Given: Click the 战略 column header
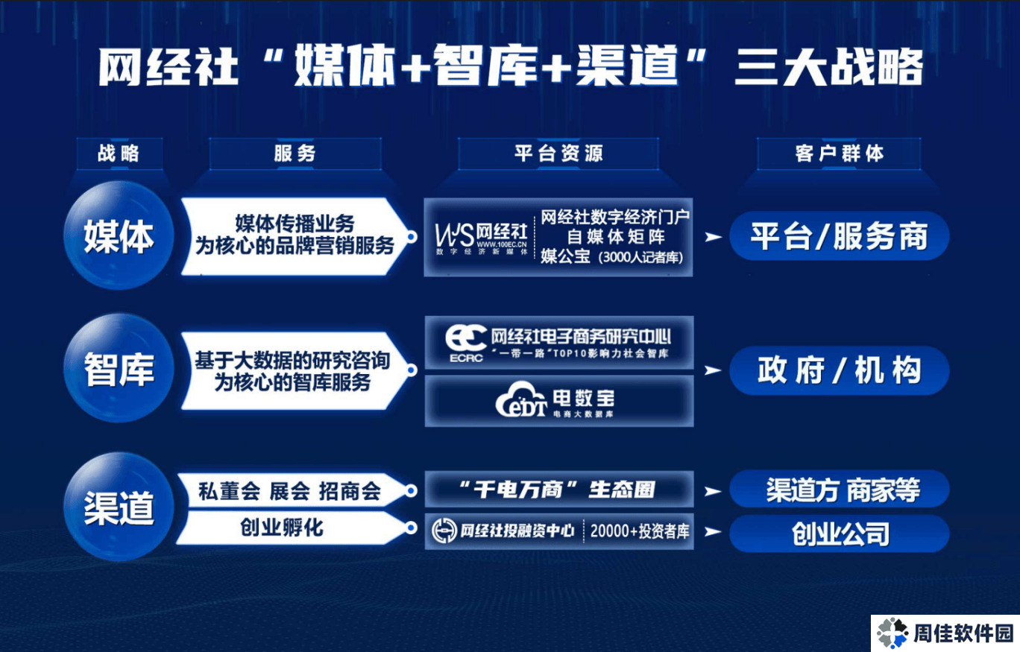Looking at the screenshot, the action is tap(119, 153).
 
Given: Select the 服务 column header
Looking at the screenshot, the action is tap(295, 153).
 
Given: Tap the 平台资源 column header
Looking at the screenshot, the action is tap(558, 153).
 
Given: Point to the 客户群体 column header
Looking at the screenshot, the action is tap(839, 153).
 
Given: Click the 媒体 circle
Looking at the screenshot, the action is tap(119, 235).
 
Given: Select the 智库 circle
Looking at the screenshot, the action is tap(119, 368).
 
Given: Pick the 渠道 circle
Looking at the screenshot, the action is tap(119, 507).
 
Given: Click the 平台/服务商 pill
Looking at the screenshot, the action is tap(840, 236).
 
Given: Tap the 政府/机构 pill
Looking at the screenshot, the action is tap(840, 370).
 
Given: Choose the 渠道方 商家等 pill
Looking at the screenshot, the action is tap(840, 490).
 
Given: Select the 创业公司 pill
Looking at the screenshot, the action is tap(840, 534).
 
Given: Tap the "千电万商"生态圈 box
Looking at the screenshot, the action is tap(558, 490).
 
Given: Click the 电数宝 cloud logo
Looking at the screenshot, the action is tap(521, 400).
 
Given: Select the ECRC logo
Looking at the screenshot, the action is tap(466, 344).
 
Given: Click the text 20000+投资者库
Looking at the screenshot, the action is tap(640, 531).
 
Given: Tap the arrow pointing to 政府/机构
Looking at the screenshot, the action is tap(712, 370).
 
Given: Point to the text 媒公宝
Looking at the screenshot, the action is tap(565, 256).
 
